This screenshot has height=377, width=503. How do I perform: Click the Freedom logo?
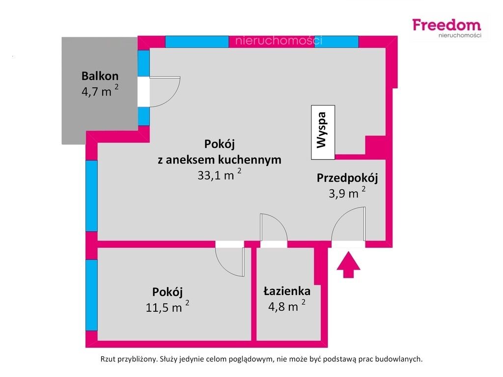pos(447,28)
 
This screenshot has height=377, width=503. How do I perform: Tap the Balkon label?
pos(100,76)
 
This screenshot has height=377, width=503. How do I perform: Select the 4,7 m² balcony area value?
pos(100,91)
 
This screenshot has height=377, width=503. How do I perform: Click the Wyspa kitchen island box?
pos(323,132)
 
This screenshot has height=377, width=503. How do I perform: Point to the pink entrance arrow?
pos(348,265)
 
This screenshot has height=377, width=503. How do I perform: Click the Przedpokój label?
pos(347,178)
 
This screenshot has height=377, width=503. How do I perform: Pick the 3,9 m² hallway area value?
pos(347,193)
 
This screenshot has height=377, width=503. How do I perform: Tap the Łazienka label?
pos(287,291)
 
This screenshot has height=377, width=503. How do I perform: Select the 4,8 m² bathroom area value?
pos(287,306)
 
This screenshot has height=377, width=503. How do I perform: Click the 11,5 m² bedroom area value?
pos(167,307)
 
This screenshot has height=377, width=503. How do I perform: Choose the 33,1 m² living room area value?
pos(219,175)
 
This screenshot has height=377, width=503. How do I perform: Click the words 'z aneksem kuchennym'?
pos(220,160)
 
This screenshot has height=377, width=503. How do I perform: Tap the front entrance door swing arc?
pos(339,217)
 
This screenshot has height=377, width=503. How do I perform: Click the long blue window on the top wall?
pos(197,42)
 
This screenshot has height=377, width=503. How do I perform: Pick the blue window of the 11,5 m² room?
pos(91,295)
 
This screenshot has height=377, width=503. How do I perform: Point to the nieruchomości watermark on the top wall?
pos(279,41)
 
